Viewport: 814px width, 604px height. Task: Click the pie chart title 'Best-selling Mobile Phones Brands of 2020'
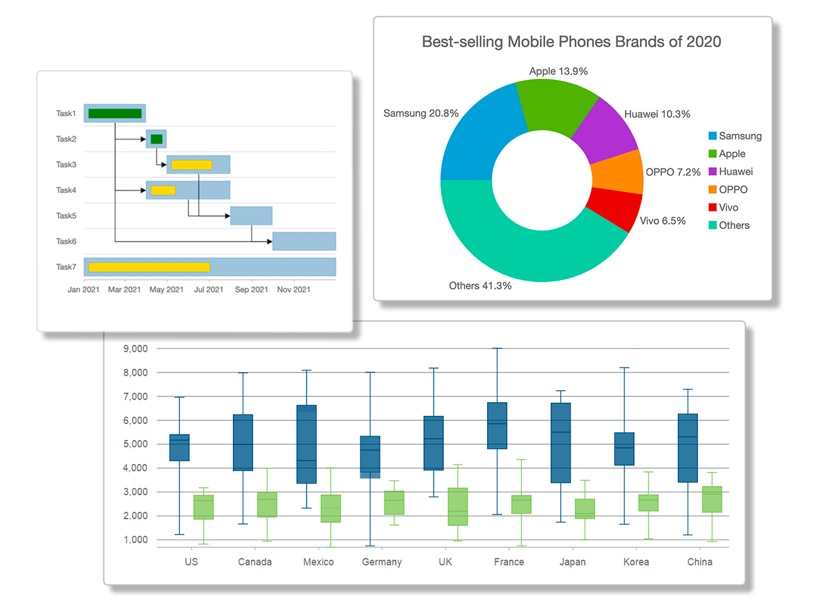[571, 42]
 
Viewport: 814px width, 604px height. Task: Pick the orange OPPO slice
[618, 172]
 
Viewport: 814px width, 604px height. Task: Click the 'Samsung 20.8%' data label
[421, 114]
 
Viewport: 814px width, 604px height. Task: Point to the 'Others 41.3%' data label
[480, 286]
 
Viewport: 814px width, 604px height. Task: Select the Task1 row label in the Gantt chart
[66, 114]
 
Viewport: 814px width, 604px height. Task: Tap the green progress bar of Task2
[156, 139]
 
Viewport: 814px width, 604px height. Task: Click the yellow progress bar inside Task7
[149, 267]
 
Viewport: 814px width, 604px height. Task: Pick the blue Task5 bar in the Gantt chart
[251, 216]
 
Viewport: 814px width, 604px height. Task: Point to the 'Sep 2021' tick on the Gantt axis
[251, 290]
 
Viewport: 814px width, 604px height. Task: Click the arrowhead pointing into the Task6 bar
[269, 241]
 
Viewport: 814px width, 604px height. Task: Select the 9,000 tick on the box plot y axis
[136, 348]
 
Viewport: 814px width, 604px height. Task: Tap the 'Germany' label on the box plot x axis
[382, 562]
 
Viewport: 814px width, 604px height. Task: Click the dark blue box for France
[497, 426]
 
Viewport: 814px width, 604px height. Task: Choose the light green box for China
[712, 499]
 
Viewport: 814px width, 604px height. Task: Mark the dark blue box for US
[180, 447]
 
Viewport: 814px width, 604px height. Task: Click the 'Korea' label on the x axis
[636, 562]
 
